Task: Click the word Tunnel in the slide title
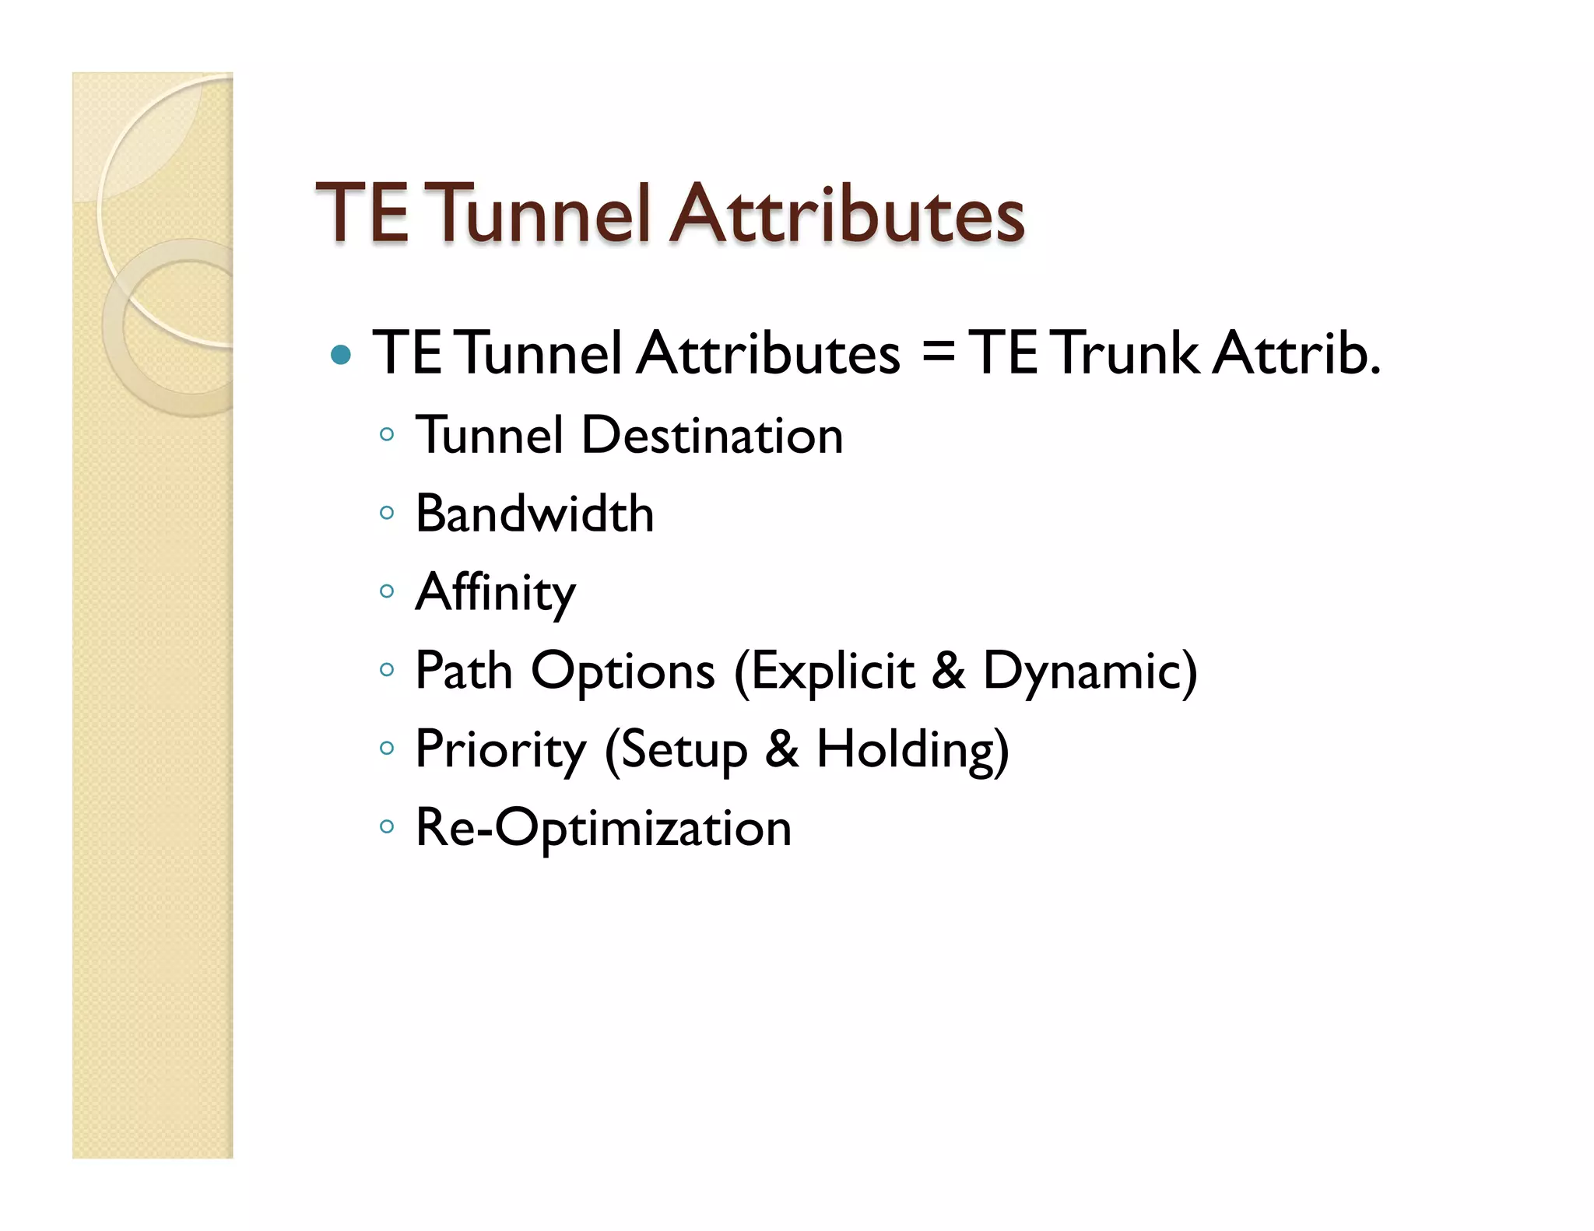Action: coord(539,213)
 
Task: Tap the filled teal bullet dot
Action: coord(340,356)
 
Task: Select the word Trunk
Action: coord(1126,353)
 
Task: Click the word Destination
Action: coord(711,436)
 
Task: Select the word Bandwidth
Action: coord(534,514)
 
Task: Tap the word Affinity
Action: coord(495,593)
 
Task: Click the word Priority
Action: coord(500,750)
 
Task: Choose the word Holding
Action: coord(911,750)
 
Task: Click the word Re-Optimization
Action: coord(603,828)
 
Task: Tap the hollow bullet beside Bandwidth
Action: coord(387,513)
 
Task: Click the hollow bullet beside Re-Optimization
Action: coord(387,826)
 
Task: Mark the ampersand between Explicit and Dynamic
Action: coord(948,671)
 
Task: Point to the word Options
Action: coord(623,671)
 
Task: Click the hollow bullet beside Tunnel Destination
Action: coord(387,434)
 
